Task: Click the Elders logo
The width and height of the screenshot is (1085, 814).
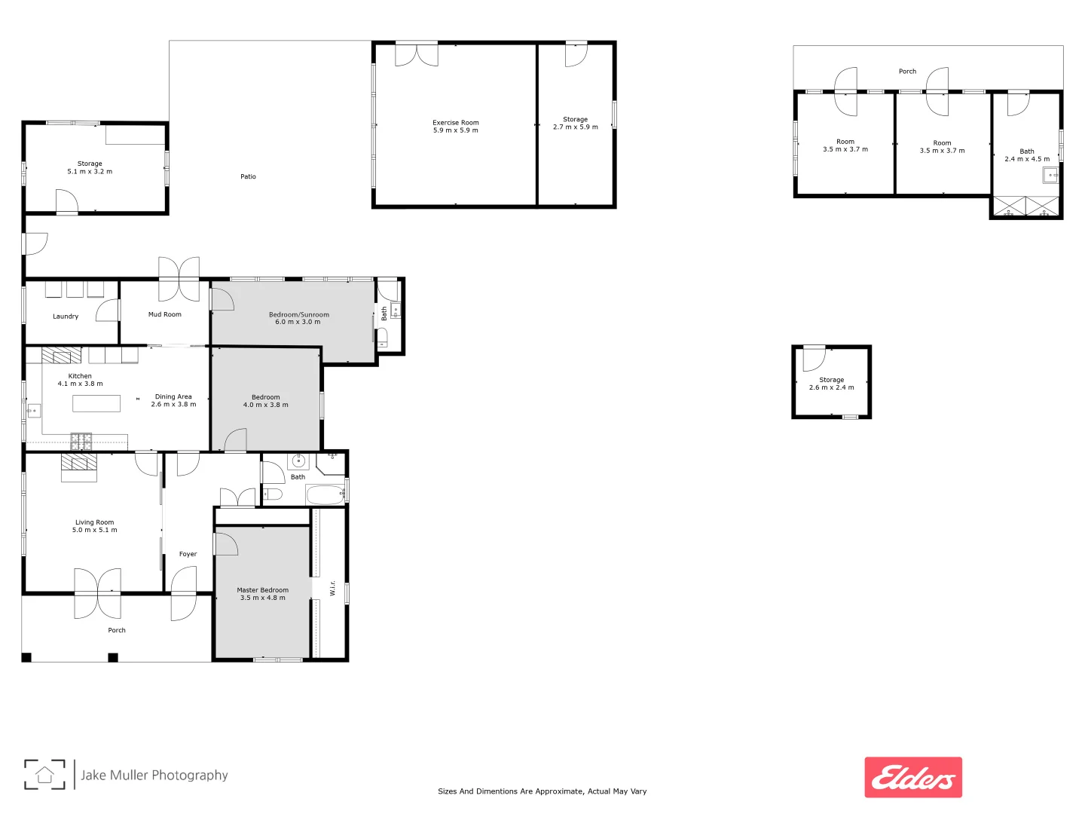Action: click(x=913, y=777)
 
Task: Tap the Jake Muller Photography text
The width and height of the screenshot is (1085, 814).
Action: click(x=154, y=775)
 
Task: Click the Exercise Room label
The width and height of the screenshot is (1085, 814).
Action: click(x=455, y=122)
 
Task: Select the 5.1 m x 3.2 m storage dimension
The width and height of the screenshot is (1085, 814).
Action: click(x=90, y=172)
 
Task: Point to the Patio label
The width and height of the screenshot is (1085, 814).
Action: click(x=248, y=176)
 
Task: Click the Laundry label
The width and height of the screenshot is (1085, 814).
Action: click(x=66, y=317)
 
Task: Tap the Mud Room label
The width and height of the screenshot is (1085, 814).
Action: click(x=164, y=314)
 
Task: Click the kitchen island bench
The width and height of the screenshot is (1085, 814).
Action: click(x=96, y=403)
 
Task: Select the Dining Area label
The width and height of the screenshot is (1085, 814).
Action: click(x=173, y=396)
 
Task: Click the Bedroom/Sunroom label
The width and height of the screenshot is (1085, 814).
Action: click(x=298, y=314)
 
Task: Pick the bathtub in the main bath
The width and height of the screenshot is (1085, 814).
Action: click(x=325, y=495)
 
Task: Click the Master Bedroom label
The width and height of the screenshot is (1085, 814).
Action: click(x=262, y=590)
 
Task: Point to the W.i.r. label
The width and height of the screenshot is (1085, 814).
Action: click(x=332, y=588)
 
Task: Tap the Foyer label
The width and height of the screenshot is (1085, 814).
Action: click(x=188, y=554)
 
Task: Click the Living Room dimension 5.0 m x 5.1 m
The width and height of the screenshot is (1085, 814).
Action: click(x=95, y=530)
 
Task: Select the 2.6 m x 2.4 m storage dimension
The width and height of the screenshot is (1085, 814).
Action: click(x=831, y=387)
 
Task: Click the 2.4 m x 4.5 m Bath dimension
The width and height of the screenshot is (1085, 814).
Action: click(x=1026, y=159)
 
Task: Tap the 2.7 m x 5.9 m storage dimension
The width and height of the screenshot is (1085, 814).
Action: click(x=575, y=127)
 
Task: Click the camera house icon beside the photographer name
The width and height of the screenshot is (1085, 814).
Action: click(x=44, y=775)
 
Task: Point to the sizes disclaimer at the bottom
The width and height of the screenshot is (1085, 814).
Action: click(x=542, y=791)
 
